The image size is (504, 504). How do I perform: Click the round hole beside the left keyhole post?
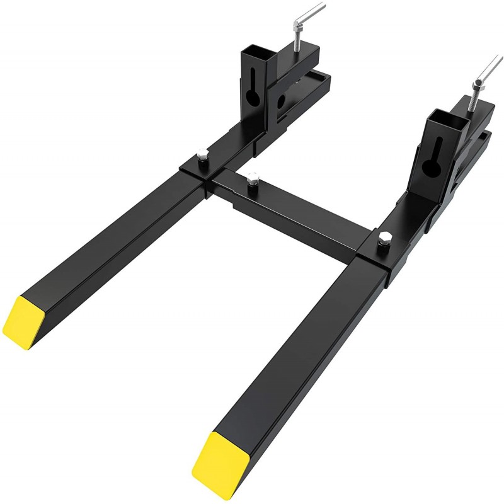[282, 101]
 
